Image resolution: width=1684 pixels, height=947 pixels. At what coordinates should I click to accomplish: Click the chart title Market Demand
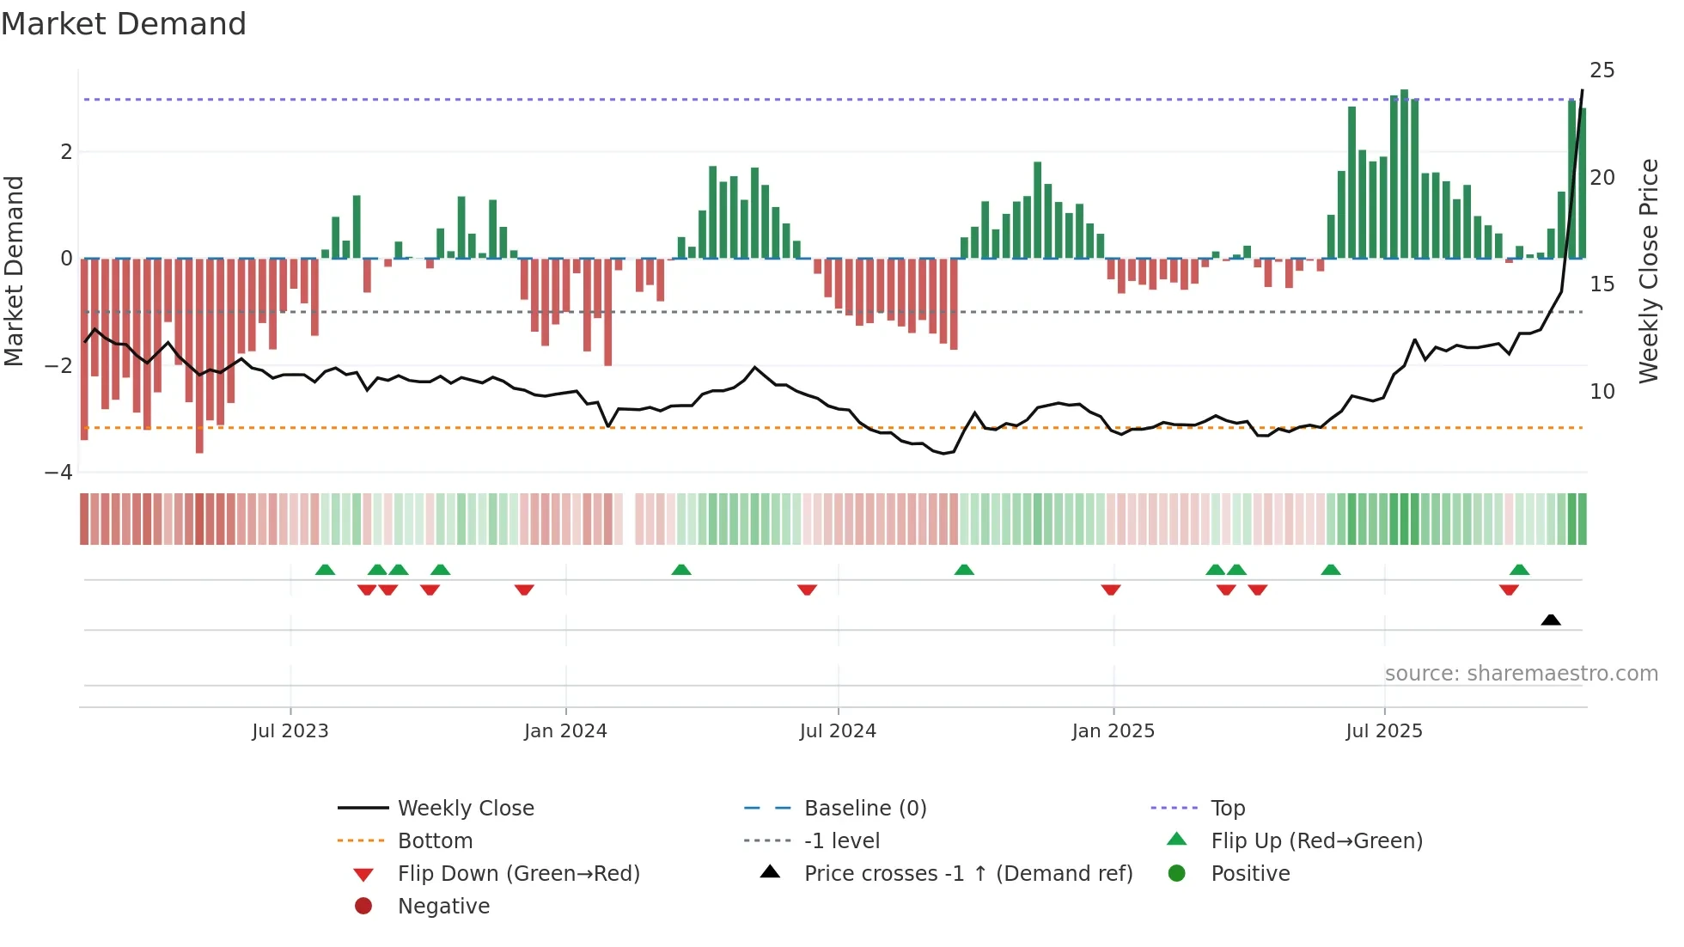tap(124, 24)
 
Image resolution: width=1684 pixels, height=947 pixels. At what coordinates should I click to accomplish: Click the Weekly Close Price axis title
tap(1648, 272)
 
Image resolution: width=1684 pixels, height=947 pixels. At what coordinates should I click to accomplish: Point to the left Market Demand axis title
tap(14, 272)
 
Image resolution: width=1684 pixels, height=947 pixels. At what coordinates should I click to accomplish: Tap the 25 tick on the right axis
tap(1602, 70)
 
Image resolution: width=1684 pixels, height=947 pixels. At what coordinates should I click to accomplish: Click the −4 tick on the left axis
tap(58, 473)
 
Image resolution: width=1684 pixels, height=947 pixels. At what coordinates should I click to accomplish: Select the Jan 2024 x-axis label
tap(565, 731)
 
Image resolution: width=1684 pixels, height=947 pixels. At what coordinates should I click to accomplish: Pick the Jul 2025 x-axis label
tap(1383, 731)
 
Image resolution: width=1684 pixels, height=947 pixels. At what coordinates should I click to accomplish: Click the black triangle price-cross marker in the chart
tap(1550, 620)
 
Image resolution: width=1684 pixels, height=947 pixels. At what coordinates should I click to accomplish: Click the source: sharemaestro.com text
tap(1521, 673)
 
